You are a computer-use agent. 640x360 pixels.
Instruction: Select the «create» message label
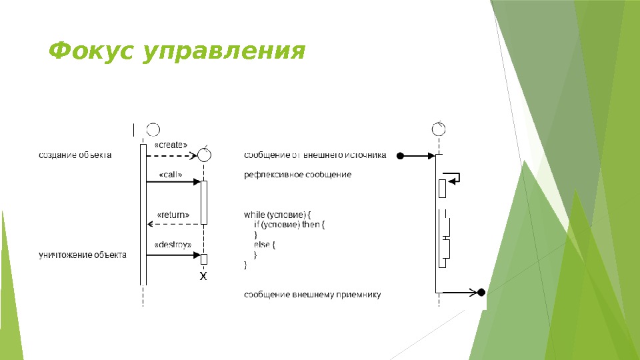point(171,145)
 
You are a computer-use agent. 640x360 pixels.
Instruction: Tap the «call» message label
point(171,175)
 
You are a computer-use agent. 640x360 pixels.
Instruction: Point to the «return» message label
point(173,215)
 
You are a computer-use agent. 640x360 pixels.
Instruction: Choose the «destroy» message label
point(173,245)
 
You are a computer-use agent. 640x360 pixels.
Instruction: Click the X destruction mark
point(204,275)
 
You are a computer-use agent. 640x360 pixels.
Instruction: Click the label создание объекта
point(75,155)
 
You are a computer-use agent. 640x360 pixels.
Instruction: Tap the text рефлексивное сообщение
point(297,175)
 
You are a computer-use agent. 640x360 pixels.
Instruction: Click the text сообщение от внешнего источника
point(315,155)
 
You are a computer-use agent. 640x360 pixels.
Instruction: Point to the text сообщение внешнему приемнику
point(313,294)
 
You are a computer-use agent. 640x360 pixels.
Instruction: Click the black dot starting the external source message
point(400,156)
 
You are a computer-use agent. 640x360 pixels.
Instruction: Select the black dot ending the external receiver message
point(481,292)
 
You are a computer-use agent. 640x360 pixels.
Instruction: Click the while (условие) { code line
point(277,215)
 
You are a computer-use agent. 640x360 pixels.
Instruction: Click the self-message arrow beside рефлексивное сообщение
point(451,177)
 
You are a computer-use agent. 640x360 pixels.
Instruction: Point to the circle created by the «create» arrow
point(205,155)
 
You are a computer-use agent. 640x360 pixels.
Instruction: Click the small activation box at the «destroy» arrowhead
point(204,259)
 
